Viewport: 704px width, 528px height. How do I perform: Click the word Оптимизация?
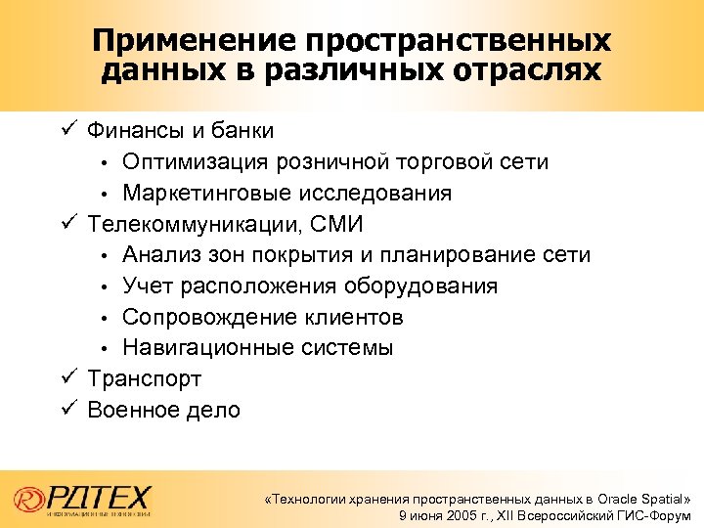point(196,161)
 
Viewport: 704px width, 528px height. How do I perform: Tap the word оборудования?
point(420,286)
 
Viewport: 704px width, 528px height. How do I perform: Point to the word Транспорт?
point(145,379)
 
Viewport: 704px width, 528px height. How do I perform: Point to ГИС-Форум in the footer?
point(656,515)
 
